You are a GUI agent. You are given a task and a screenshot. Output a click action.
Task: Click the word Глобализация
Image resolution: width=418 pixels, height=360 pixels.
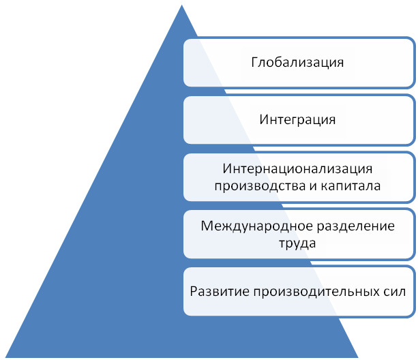pyautogui.click(x=297, y=63)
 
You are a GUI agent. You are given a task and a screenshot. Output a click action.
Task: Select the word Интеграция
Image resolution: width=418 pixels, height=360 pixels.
pyautogui.click(x=298, y=120)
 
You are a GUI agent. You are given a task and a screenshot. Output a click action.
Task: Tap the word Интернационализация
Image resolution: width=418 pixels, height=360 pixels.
pyautogui.click(x=298, y=168)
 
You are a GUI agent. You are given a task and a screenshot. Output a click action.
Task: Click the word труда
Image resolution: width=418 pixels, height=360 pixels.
pyautogui.click(x=297, y=242)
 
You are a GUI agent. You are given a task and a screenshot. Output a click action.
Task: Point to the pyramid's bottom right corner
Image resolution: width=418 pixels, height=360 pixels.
pyautogui.click(x=359, y=356)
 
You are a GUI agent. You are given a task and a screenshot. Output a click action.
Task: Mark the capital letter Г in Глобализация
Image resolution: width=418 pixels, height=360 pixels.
pyautogui.click(x=254, y=63)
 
